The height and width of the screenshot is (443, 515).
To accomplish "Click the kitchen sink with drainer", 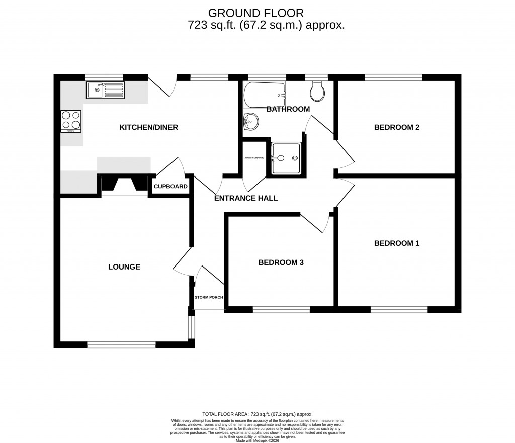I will pyautogui.click(x=105, y=91).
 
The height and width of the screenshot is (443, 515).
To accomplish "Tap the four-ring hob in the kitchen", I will pyautogui.click(x=71, y=121).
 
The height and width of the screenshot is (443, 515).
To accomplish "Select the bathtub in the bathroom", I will pyautogui.click(x=265, y=95).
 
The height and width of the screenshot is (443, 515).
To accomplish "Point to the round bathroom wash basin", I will pyautogui.click(x=250, y=122).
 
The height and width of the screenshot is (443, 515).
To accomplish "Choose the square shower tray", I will pyautogui.click(x=287, y=158).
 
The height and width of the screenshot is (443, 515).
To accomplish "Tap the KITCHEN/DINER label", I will pyautogui.click(x=148, y=128).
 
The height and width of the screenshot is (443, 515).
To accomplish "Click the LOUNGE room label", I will pyautogui.click(x=124, y=267).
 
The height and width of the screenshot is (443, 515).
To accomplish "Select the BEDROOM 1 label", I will pyautogui.click(x=396, y=243).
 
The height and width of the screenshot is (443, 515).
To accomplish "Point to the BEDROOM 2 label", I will pyautogui.click(x=396, y=127).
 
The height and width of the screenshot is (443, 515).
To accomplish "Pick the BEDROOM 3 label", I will pyautogui.click(x=281, y=262).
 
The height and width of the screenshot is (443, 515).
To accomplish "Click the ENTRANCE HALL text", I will pyautogui.click(x=246, y=198).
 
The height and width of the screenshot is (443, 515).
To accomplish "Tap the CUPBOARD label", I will pyautogui.click(x=170, y=187).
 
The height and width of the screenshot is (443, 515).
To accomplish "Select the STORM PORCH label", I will pyautogui.click(x=209, y=297).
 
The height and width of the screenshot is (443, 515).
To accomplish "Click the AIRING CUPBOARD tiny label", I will pyautogui.click(x=254, y=158).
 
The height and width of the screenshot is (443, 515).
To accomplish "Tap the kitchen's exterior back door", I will pyautogui.click(x=162, y=86).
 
